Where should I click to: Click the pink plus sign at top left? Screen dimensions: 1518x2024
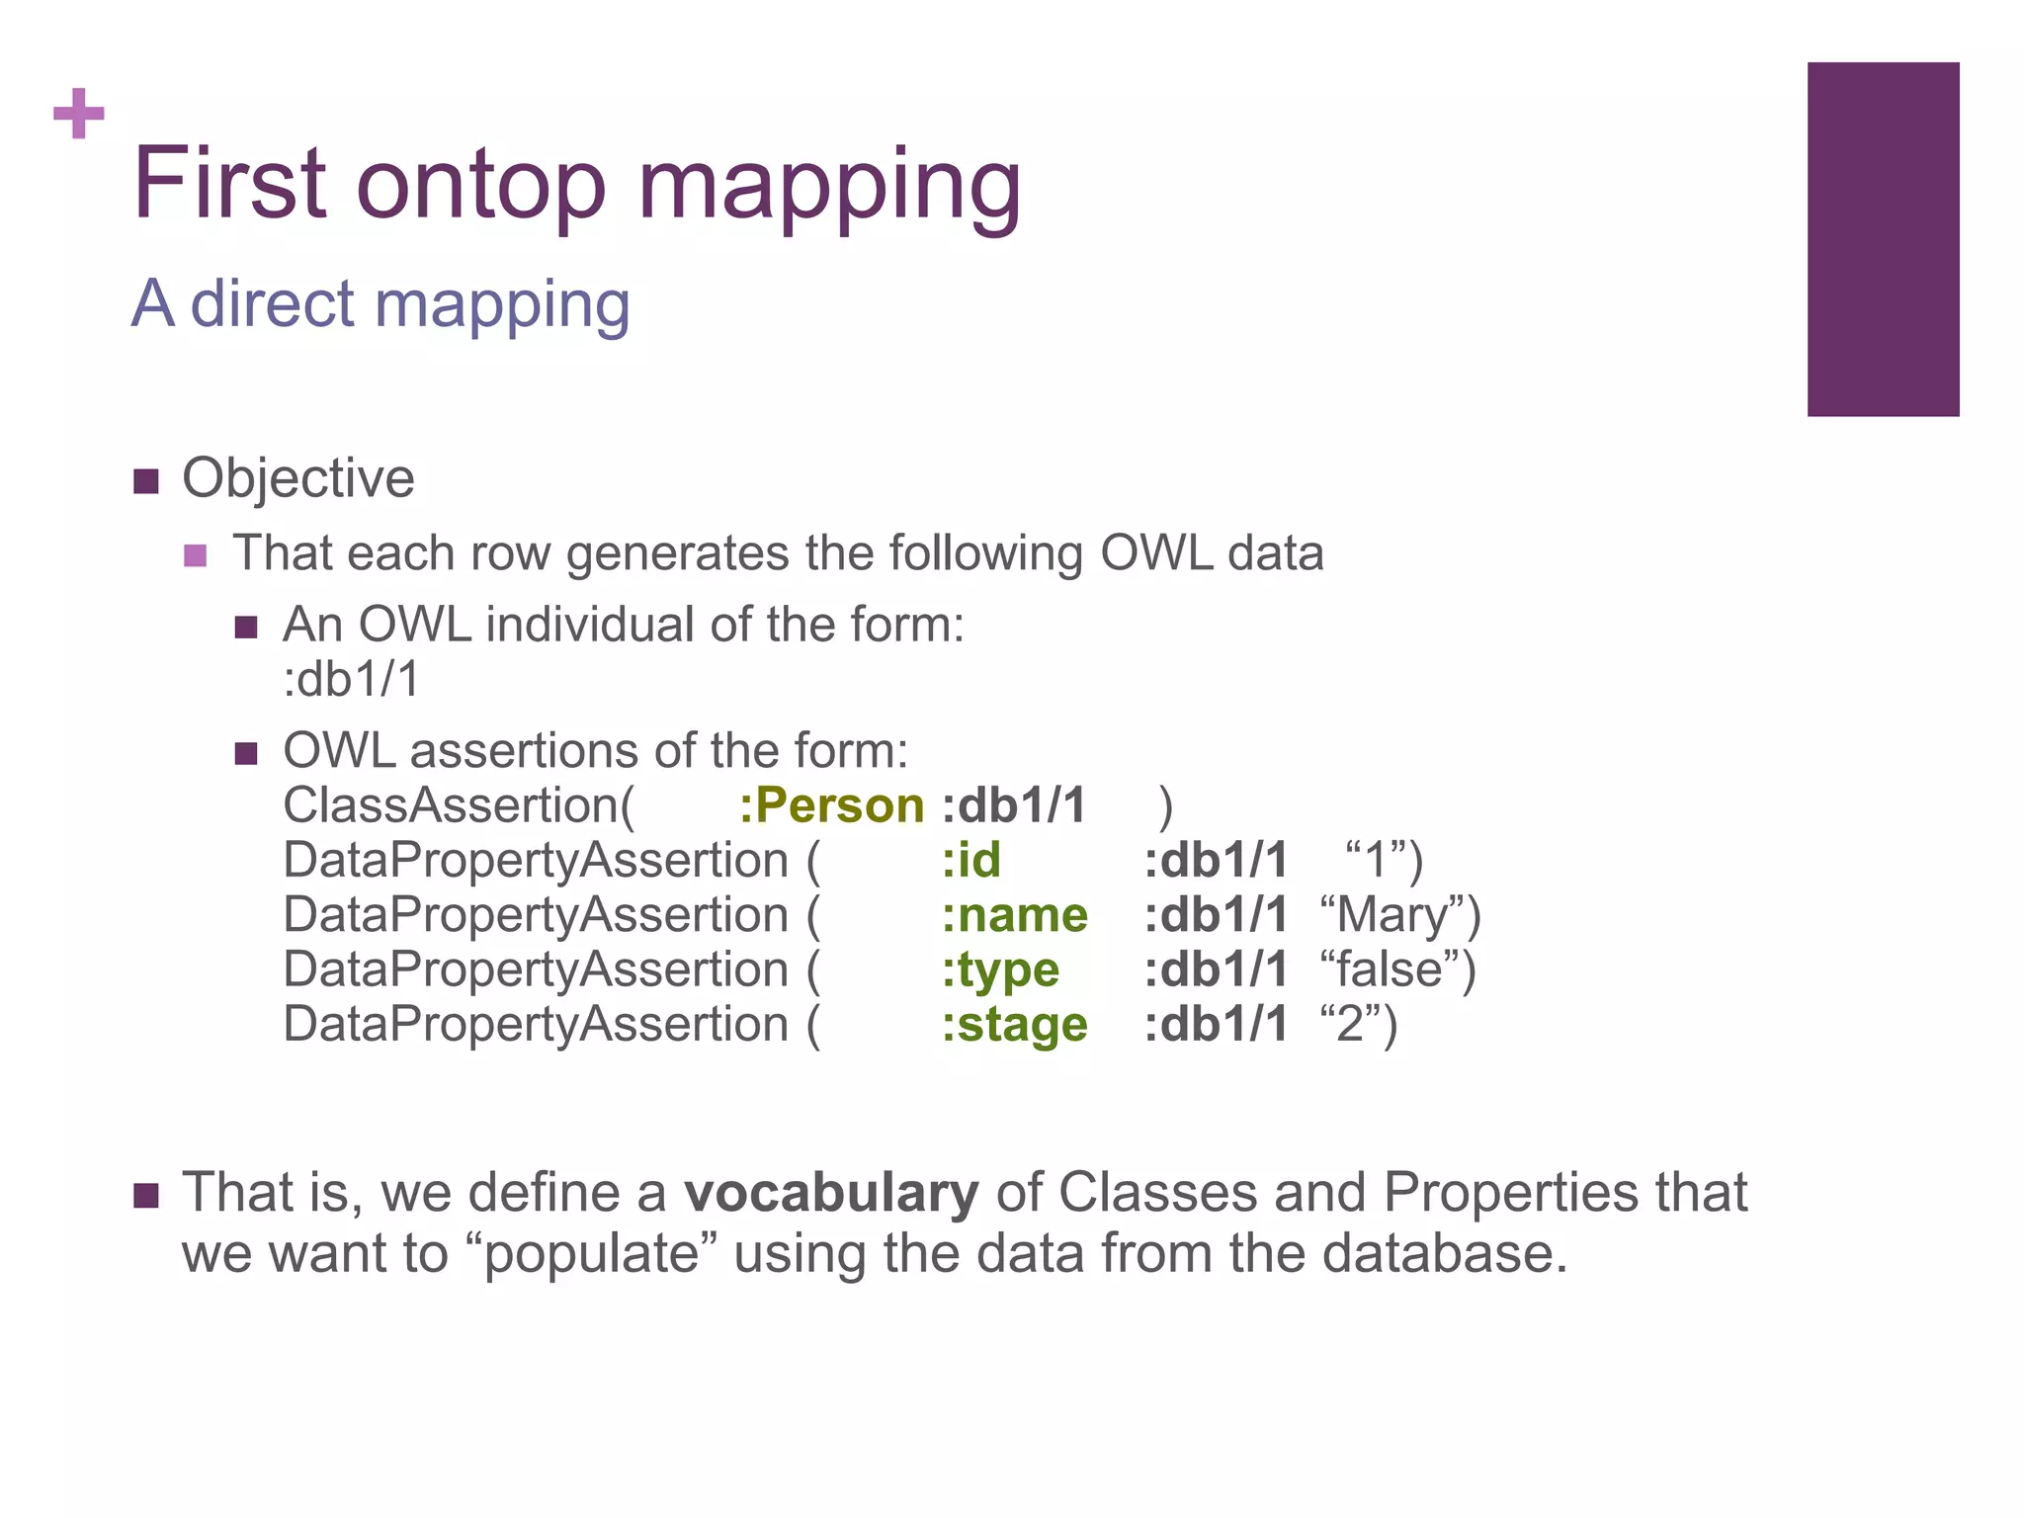click(79, 114)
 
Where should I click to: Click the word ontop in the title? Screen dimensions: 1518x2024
click(480, 185)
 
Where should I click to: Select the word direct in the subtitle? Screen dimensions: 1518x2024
click(272, 303)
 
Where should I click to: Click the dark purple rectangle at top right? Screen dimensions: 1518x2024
click(1883, 239)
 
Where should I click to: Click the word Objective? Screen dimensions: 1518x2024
click(297, 479)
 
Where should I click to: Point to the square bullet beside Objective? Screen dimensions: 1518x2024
click(146, 482)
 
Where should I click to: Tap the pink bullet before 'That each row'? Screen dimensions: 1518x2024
click(196, 555)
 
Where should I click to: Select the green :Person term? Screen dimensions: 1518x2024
click(831, 805)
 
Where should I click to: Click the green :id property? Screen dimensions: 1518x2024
click(970, 861)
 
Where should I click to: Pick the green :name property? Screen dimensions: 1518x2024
click(1014, 915)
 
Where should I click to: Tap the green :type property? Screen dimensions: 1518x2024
click(1000, 970)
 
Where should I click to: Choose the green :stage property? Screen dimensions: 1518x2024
click(1014, 1025)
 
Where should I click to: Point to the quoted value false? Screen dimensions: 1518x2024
click(1395, 970)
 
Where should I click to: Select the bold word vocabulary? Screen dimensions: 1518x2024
click(831, 1192)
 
